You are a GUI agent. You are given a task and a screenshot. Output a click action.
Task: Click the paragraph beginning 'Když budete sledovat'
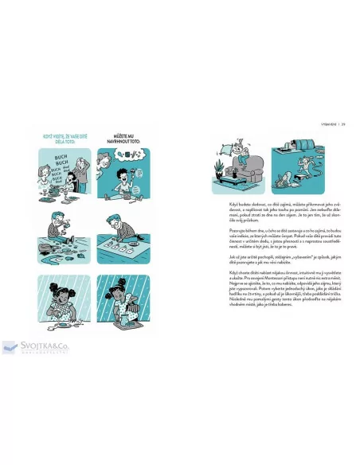point(268,213)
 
